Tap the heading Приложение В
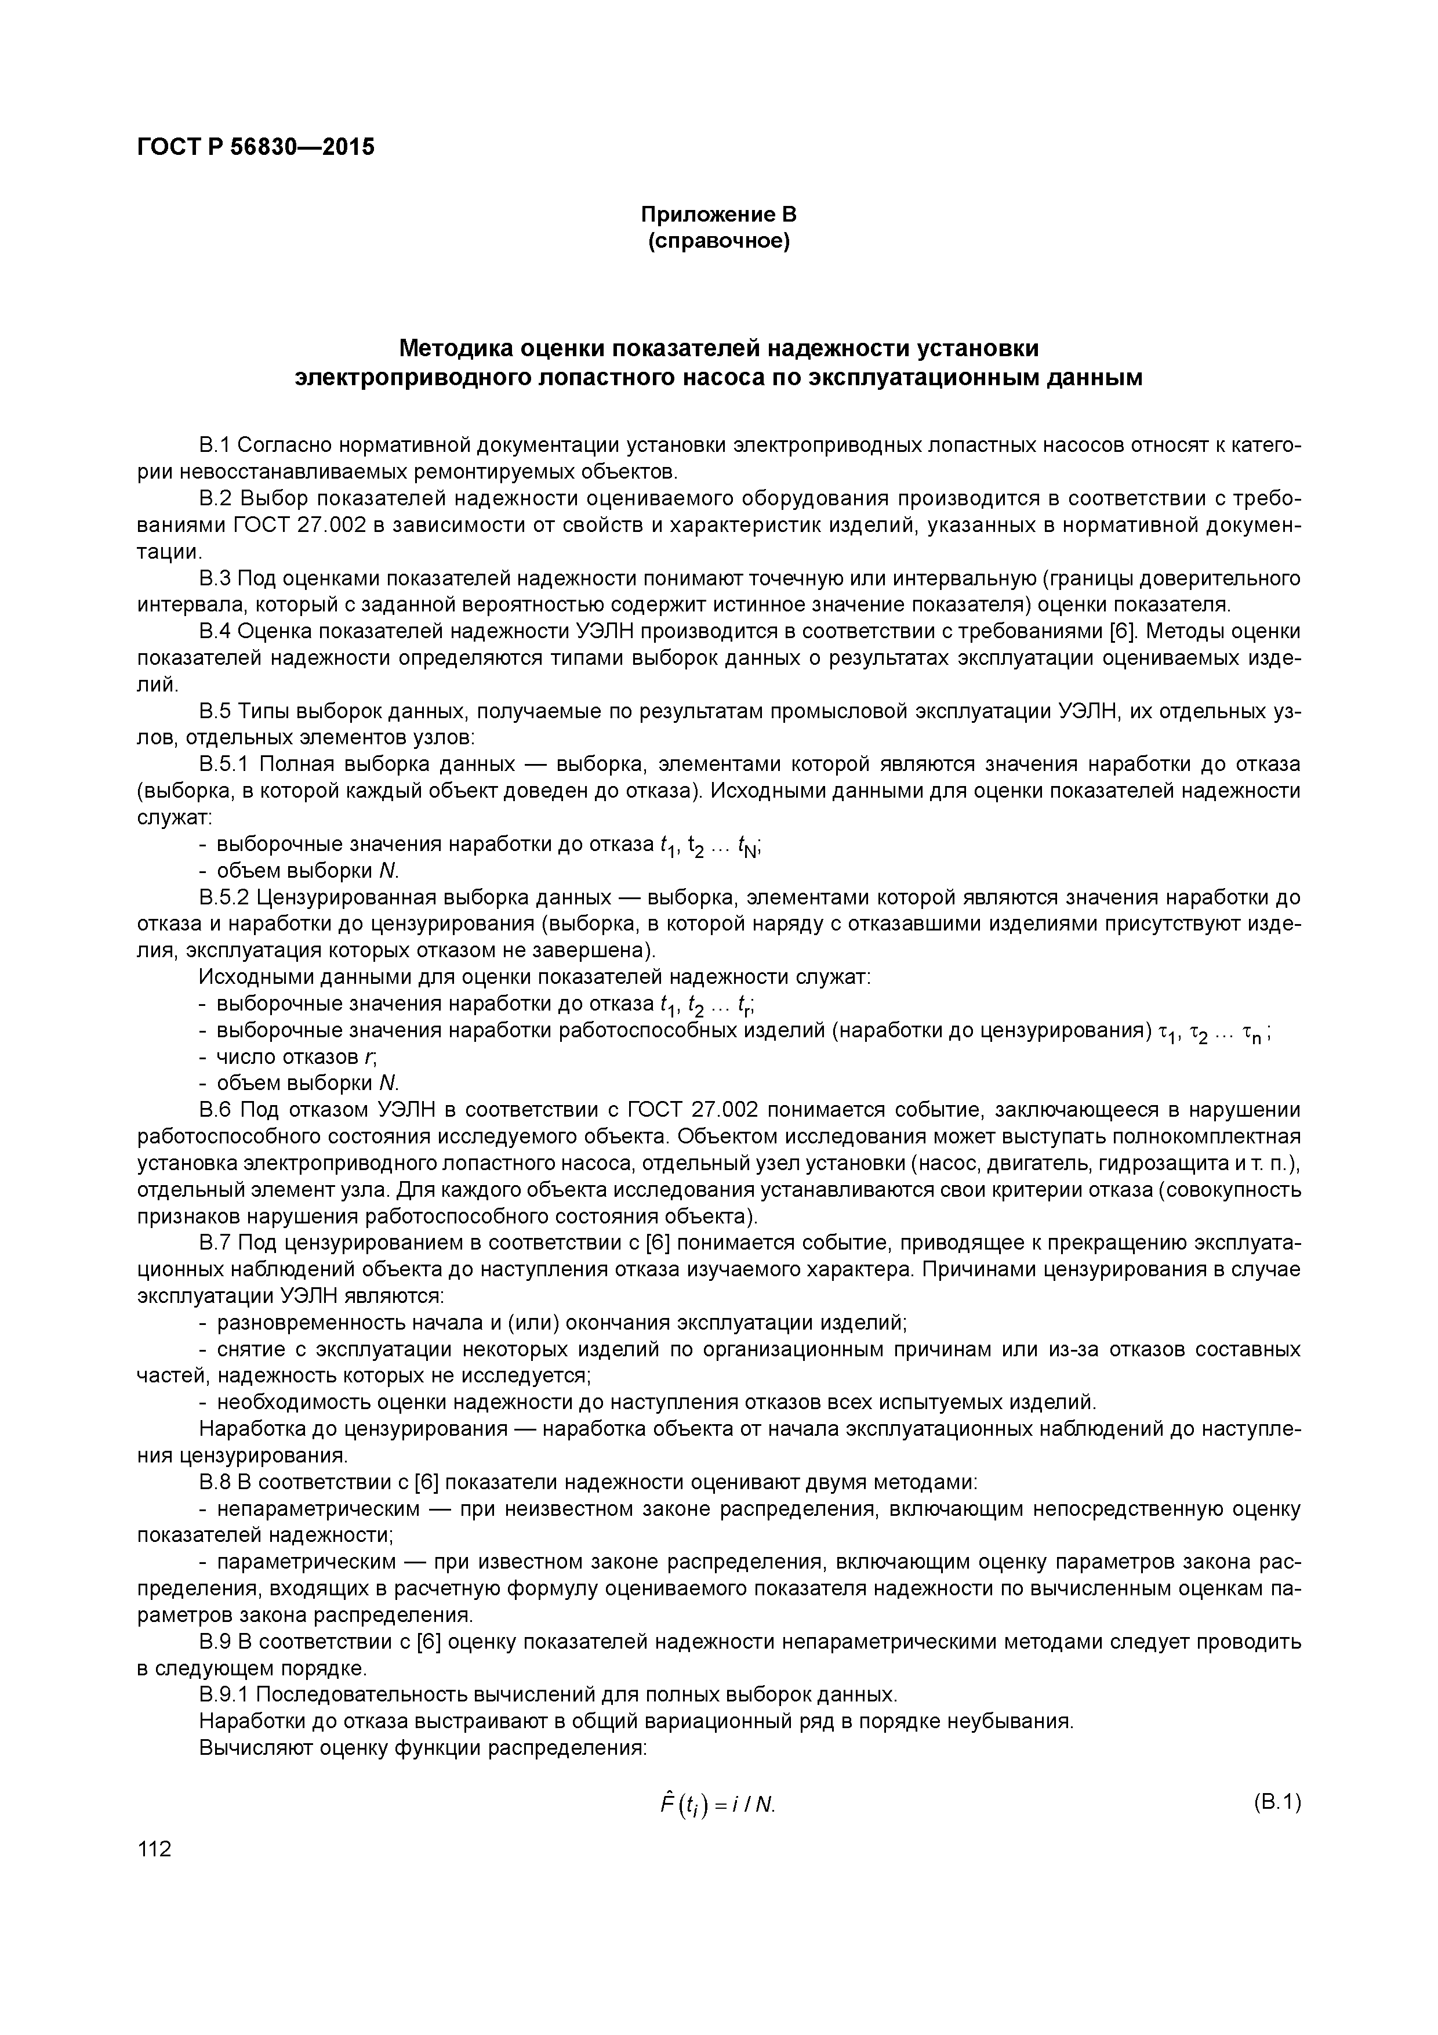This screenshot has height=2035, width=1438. coord(718,215)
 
